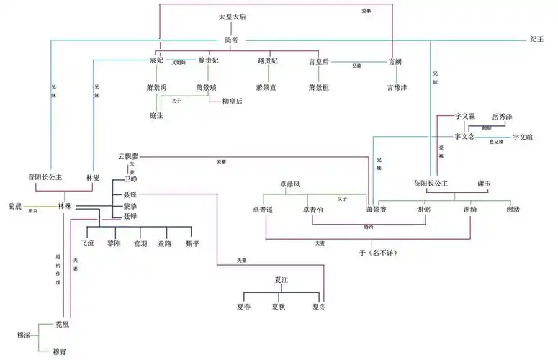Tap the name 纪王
point(537,40)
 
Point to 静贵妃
point(208,63)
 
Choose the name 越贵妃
point(267,63)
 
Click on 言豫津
point(397,88)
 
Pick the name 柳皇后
point(232,102)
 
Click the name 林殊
point(66,206)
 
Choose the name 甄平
point(192,244)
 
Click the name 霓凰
point(63,325)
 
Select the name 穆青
point(61,351)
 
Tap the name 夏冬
point(319,307)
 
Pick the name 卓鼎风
point(292,184)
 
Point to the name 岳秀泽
point(503,116)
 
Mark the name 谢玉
point(484,184)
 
